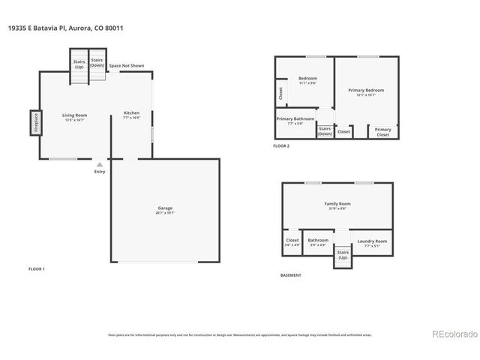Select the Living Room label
74,116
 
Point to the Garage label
165,209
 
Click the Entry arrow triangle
100,164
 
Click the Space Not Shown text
127,66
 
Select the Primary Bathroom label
295,120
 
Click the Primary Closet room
382,131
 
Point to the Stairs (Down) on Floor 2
325,130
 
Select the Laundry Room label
372,242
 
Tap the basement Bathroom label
318,241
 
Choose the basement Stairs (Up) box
343,255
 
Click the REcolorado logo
452,334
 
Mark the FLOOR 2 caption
281,145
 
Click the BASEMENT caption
291,275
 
